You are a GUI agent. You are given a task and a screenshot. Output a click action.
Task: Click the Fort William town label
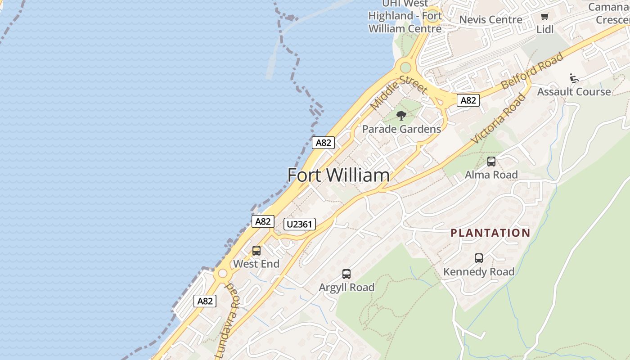click(x=338, y=175)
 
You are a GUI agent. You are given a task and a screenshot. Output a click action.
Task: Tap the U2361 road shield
click(x=300, y=224)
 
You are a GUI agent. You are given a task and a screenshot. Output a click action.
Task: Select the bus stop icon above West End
click(x=256, y=251)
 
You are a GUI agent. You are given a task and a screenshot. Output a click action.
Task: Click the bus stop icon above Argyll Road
click(x=346, y=274)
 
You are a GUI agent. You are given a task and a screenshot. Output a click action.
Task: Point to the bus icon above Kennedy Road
click(x=479, y=258)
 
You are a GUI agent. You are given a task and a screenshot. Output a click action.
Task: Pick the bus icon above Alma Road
click(x=491, y=161)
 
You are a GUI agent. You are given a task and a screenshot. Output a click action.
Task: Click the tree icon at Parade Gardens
click(x=401, y=116)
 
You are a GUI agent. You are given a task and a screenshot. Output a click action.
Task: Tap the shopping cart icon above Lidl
click(x=544, y=17)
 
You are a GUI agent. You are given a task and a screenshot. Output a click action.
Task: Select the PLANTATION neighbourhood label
click(x=490, y=233)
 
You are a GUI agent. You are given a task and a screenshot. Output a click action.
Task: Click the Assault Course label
click(x=574, y=92)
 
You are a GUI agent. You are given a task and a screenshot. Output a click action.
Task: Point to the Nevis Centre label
click(x=490, y=20)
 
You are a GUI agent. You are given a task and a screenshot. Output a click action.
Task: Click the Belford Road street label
click(x=532, y=71)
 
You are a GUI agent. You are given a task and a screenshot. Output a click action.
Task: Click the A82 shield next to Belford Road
click(x=468, y=100)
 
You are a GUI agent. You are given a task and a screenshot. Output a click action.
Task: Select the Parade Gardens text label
click(x=401, y=129)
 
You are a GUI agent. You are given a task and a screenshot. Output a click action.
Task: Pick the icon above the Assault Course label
click(x=574, y=78)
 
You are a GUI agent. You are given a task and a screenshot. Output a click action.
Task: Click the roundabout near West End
click(x=222, y=274)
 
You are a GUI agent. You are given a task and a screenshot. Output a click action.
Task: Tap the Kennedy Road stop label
click(x=479, y=272)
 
